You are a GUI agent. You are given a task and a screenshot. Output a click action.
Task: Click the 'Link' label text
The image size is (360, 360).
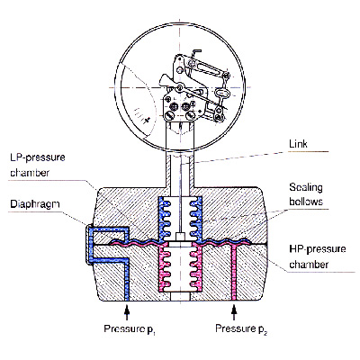[298, 144]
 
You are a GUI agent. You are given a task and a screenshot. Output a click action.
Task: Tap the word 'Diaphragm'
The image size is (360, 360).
[35, 204]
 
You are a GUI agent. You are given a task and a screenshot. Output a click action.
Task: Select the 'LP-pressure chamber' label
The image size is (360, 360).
[38, 165]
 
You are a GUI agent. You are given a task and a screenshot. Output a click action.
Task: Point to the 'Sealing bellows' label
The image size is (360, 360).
[306, 194]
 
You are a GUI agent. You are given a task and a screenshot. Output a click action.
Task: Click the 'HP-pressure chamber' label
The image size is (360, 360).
[318, 256]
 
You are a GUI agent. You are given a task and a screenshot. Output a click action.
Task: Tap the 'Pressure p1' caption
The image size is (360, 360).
[130, 329]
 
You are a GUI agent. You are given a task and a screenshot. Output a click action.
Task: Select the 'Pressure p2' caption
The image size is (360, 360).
[241, 329]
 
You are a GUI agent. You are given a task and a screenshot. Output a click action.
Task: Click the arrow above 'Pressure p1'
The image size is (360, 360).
[127, 313]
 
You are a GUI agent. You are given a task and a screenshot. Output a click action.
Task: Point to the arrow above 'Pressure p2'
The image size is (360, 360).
[234, 313]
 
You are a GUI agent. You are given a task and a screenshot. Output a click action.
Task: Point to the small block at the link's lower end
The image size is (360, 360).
[180, 237]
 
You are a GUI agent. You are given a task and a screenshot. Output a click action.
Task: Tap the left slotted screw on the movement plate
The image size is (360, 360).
[170, 114]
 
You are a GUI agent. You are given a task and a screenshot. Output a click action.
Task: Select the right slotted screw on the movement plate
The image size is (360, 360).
[190, 114]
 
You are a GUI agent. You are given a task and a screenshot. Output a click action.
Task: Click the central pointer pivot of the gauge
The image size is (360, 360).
[179, 87]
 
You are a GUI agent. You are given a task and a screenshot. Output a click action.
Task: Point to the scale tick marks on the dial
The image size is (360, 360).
[141, 115]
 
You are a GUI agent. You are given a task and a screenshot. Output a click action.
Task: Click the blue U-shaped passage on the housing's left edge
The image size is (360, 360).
[90, 243]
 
